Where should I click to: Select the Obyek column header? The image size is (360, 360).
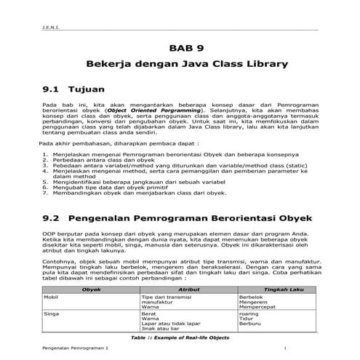(91, 289)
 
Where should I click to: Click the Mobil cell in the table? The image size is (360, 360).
(51, 297)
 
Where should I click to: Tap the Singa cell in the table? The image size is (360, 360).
(52, 313)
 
